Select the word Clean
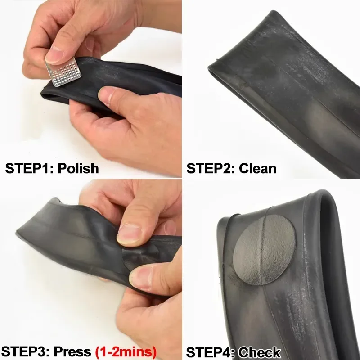point(257,168)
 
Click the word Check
point(259,352)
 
